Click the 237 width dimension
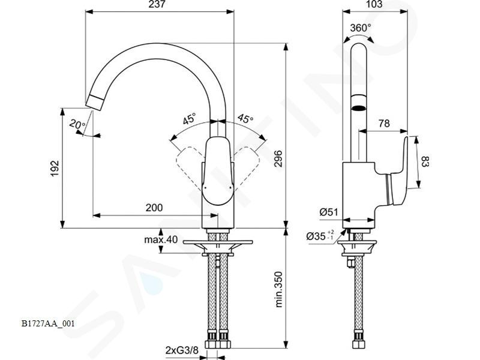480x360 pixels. [158, 4]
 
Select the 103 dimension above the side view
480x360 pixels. [374, 4]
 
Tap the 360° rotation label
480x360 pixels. [361, 28]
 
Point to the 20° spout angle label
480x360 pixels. [77, 124]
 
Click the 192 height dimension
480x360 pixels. [55, 168]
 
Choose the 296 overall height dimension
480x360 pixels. [278, 158]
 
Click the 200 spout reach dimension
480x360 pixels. [154, 208]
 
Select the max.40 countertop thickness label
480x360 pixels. [161, 239]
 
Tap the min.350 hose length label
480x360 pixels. [278, 289]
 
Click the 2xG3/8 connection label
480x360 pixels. [182, 350]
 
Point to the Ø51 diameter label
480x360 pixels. [328, 212]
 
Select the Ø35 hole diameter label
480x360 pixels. [320, 236]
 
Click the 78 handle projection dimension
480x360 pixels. [384, 123]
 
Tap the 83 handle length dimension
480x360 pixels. [425, 161]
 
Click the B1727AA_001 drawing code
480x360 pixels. [48, 323]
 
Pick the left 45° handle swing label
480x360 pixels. [189, 119]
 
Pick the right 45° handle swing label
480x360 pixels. [245, 118]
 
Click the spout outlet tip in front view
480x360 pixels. [95, 102]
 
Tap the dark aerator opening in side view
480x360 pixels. [359, 108]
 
